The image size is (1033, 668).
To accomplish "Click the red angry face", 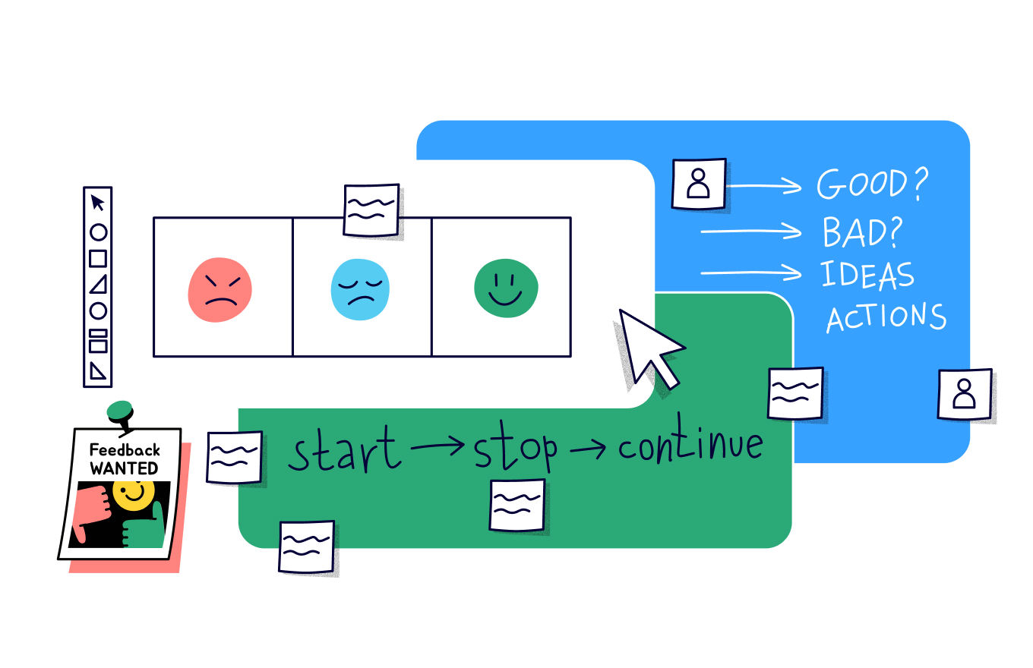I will click(220, 289).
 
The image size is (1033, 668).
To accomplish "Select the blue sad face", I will click(360, 289).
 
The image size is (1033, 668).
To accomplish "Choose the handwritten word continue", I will click(690, 446).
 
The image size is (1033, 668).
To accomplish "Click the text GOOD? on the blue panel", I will click(873, 184).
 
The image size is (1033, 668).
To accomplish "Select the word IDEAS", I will click(867, 275).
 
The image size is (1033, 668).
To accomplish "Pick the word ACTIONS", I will click(886, 317).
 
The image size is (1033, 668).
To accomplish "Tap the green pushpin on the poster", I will click(120, 413).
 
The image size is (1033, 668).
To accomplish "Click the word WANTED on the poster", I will click(124, 468).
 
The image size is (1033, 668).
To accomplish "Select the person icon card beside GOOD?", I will click(699, 183).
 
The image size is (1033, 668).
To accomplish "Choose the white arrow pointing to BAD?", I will click(750, 231).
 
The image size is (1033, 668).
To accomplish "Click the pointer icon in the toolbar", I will click(98, 203).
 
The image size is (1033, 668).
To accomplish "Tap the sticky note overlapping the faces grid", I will click(371, 210).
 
